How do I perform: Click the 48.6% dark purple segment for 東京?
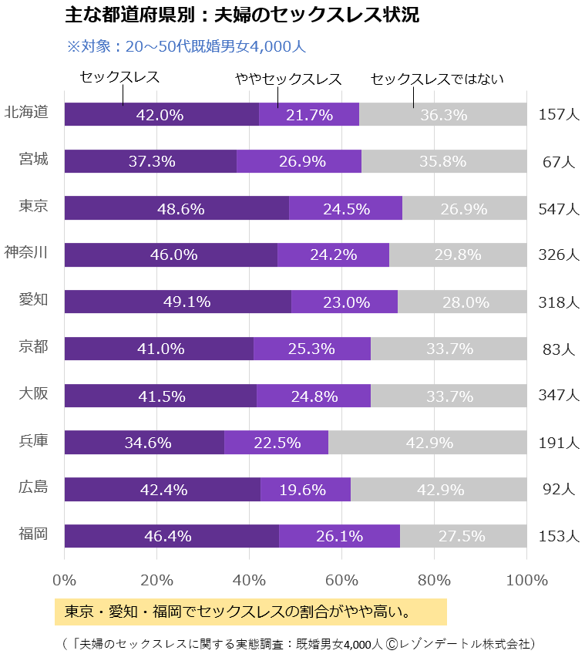177,208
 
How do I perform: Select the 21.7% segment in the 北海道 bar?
309,115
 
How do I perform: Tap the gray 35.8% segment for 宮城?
443,162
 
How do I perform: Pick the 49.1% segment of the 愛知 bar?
178,302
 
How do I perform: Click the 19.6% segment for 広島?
305,490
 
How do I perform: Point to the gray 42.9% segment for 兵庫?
427,443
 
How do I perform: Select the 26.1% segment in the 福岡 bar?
339,536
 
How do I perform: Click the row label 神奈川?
26,252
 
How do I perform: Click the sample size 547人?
559,209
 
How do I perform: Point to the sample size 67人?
559,163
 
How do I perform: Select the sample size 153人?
559,537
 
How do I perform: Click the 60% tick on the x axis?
342,580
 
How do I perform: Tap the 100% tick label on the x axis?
526,580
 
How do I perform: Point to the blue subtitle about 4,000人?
187,46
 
